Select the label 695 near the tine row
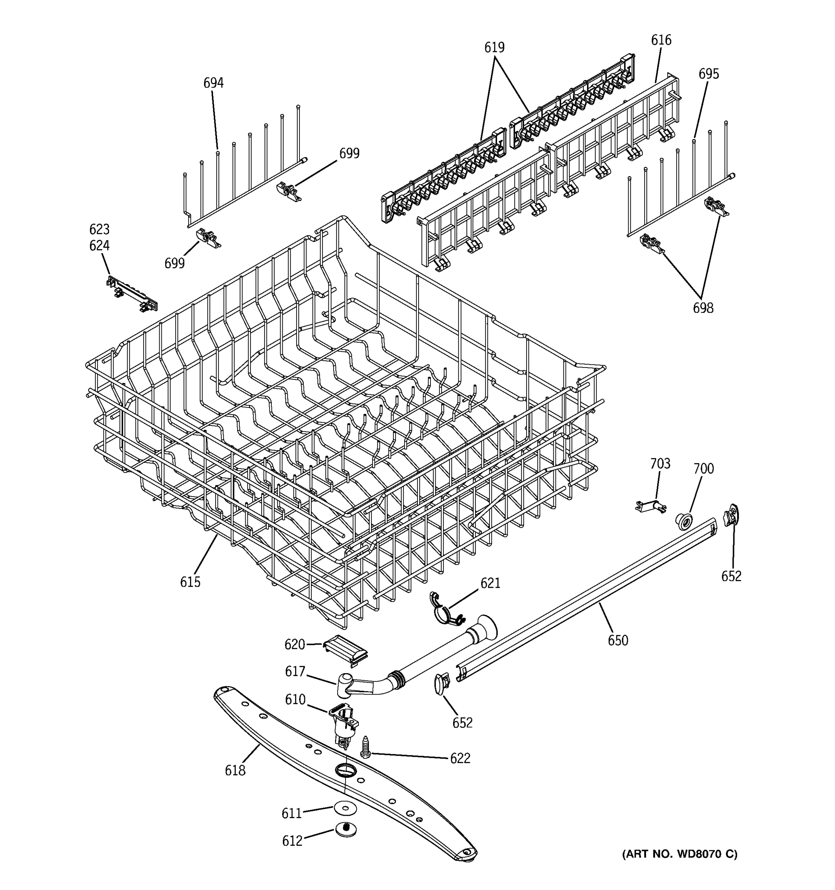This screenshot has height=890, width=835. click(709, 74)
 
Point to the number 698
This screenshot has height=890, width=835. click(703, 308)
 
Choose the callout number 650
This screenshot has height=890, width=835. click(618, 641)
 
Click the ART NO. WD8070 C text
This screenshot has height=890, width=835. click(680, 854)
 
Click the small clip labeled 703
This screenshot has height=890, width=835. click(651, 506)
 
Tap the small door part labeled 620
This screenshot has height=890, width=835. click(346, 650)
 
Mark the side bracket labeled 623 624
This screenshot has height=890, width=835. click(132, 294)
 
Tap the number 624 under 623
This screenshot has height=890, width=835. click(99, 246)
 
